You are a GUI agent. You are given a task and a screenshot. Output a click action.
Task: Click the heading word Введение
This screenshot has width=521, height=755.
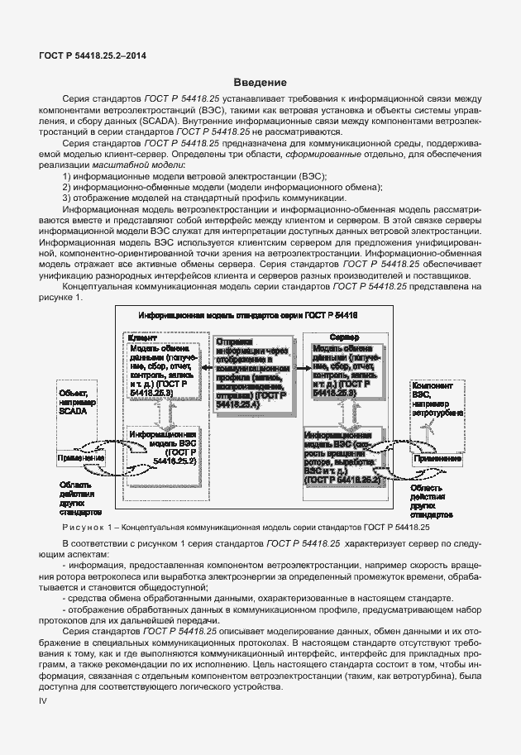(260, 82)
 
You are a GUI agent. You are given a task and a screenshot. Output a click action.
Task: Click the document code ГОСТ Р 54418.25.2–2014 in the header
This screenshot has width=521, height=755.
(86, 55)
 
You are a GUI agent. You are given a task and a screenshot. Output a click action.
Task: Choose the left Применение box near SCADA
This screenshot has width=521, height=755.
(79, 458)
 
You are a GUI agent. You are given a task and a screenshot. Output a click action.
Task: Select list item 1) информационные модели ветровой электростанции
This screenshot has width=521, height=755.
(194, 177)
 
